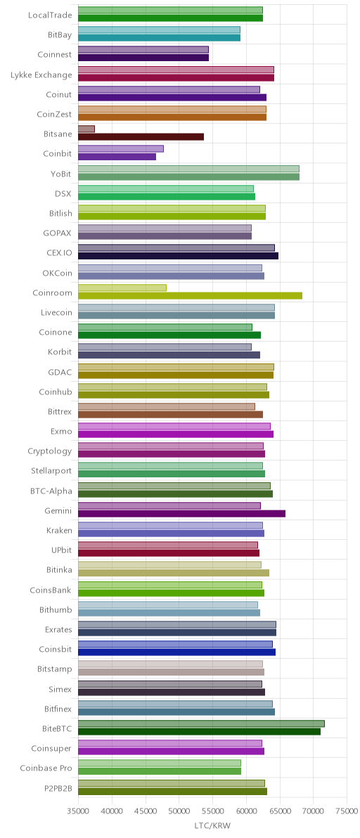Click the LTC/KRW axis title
(x=212, y=826)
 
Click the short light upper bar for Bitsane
(x=86, y=129)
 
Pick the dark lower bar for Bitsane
(x=141, y=137)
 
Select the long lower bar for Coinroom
(x=190, y=295)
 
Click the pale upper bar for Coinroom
(x=122, y=288)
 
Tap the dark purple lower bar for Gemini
(x=181, y=514)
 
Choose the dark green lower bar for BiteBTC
(x=199, y=732)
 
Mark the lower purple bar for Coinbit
(x=117, y=157)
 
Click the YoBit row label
(x=60, y=174)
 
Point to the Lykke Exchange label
(x=41, y=75)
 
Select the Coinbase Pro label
(x=46, y=768)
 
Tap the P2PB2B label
(x=58, y=788)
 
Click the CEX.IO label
(x=59, y=253)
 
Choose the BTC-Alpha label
(x=52, y=491)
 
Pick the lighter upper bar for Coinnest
(x=143, y=50)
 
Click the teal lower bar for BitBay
(x=159, y=38)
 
